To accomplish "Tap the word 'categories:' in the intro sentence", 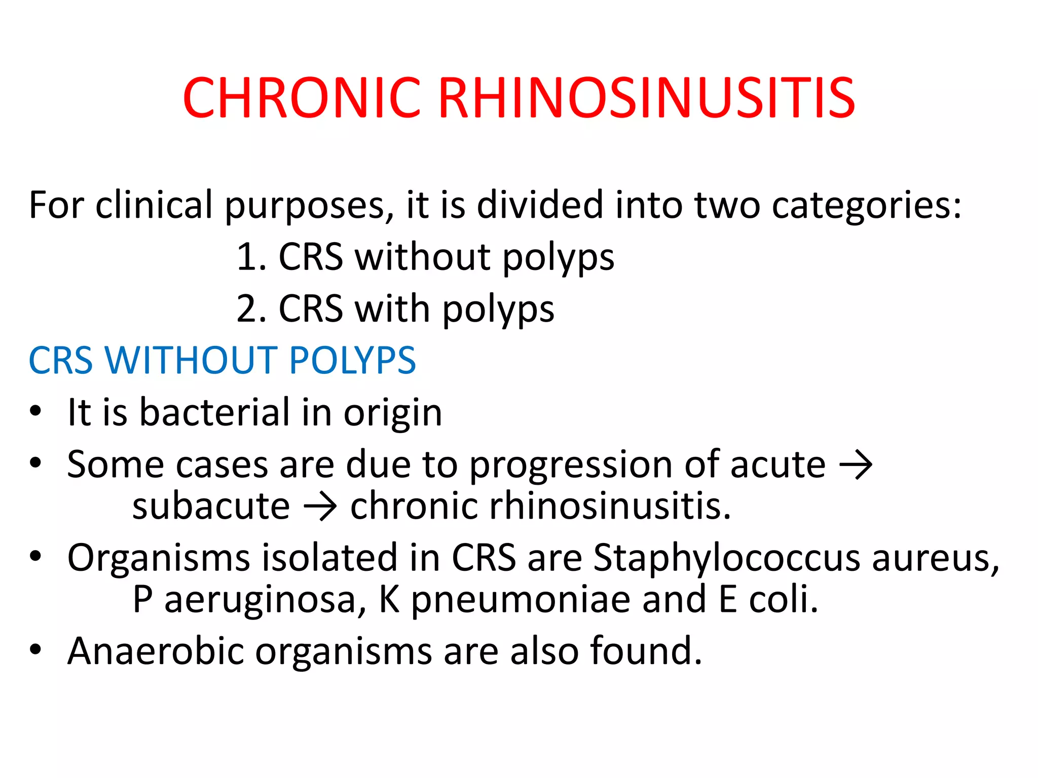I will [866, 206].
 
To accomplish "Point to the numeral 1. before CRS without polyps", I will [251, 257].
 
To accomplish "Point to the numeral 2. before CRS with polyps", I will [251, 309].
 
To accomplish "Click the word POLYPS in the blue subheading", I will [352, 361].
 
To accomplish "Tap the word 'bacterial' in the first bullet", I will [214, 412].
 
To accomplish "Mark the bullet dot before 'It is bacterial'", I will [35, 411].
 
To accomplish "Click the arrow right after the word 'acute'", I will [856, 465].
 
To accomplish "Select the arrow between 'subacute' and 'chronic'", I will [320, 507].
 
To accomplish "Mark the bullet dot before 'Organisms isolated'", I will [35, 556].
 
